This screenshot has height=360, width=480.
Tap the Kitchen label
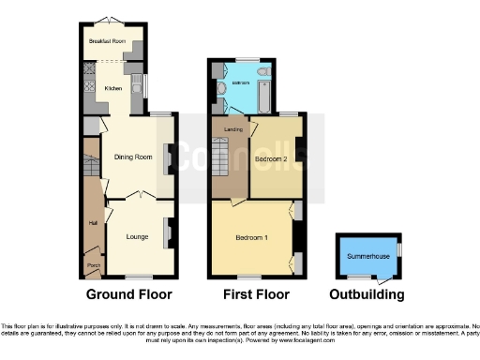pos(113,88)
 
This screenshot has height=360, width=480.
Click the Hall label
pos(93,223)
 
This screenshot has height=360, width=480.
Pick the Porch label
pos(93,265)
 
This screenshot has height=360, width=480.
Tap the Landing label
pos(221,129)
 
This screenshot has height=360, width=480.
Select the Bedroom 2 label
pos(271,158)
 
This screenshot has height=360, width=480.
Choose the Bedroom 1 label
pos(252,237)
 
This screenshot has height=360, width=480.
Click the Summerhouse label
pos(367,256)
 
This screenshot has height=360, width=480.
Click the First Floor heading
pos(252,294)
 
